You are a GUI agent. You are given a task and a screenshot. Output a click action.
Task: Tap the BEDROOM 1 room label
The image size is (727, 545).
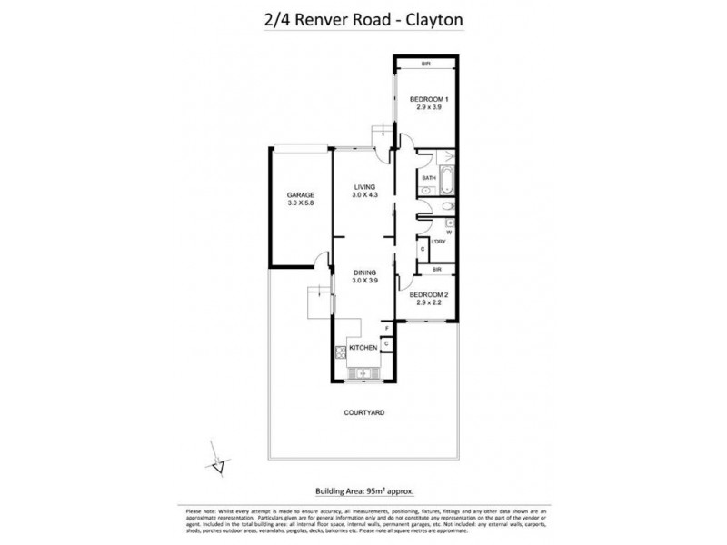pyautogui.click(x=426, y=97)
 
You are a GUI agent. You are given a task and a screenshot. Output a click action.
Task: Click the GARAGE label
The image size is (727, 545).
pyautogui.click(x=300, y=195)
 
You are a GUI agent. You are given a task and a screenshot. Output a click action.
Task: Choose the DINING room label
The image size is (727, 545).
pyautogui.click(x=365, y=273)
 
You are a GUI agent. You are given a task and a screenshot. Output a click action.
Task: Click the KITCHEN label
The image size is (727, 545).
pyautogui.click(x=365, y=348)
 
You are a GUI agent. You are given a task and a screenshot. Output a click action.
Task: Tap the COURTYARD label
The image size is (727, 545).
pyautogui.click(x=364, y=412)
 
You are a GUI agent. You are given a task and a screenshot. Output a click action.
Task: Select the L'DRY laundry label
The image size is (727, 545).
pyautogui.click(x=439, y=242)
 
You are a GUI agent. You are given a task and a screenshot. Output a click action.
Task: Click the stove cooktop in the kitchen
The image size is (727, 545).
pyautogui.click(x=339, y=354)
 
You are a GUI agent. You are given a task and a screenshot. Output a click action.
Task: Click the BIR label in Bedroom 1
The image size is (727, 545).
pyautogui.click(x=425, y=64)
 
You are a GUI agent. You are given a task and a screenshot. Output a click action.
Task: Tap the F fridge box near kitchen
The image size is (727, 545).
pyautogui.click(x=386, y=327)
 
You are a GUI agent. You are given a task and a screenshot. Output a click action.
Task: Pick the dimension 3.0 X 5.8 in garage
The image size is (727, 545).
pyautogui.click(x=300, y=204)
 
